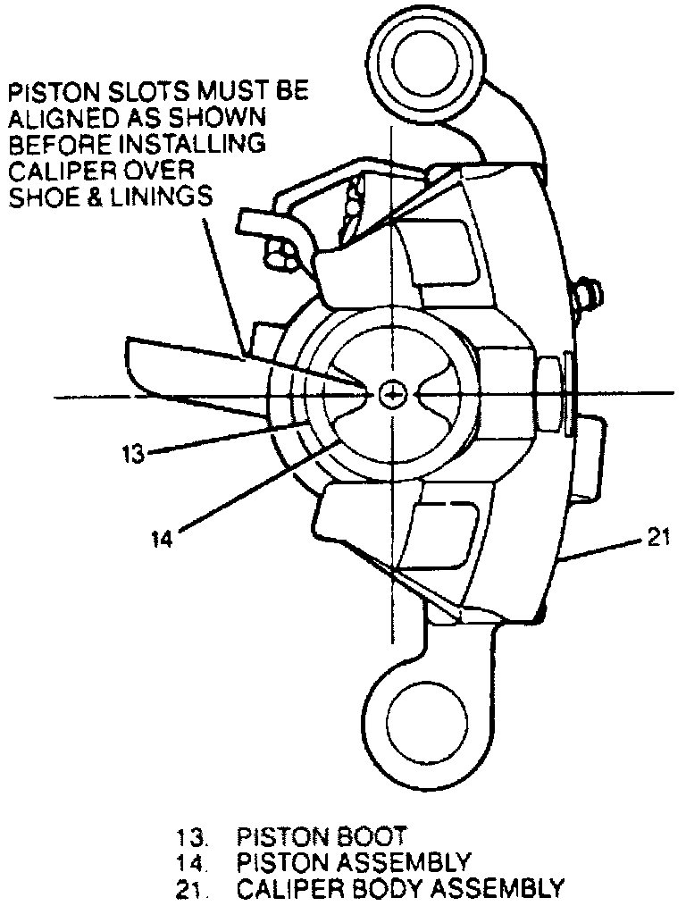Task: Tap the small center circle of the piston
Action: tap(391, 392)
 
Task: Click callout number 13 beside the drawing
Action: tap(133, 452)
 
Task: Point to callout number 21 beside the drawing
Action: tap(657, 539)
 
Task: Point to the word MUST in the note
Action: tap(219, 91)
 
